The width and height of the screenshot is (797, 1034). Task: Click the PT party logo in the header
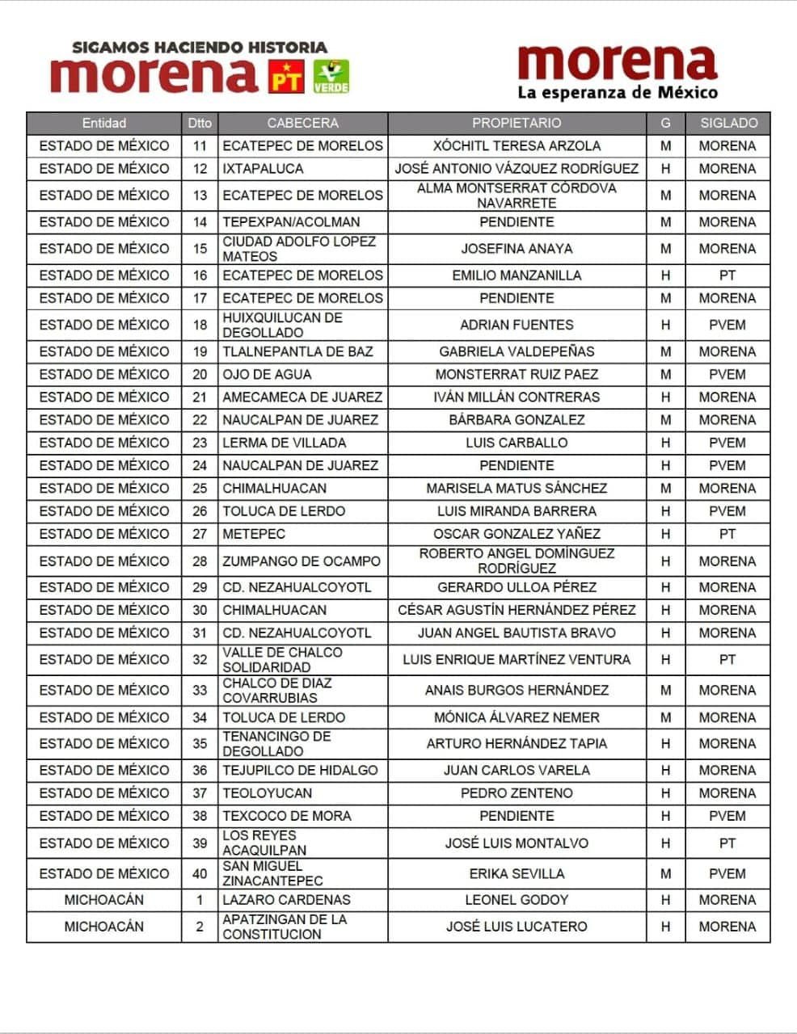[x=286, y=76]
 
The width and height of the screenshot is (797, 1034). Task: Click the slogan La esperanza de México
[x=618, y=92]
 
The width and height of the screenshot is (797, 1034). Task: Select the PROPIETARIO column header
[x=517, y=124]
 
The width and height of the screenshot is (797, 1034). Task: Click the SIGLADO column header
[x=728, y=124]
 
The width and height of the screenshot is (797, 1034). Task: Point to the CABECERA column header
[x=302, y=124]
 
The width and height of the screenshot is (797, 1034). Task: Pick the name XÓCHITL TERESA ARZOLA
[x=517, y=146]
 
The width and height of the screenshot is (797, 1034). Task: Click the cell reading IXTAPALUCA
[x=263, y=169]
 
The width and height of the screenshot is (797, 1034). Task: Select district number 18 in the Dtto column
[x=200, y=325]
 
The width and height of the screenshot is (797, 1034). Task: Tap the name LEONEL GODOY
[x=517, y=900]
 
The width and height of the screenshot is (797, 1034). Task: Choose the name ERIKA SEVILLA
[x=517, y=874]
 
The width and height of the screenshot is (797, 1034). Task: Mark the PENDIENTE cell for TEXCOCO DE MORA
[x=517, y=816]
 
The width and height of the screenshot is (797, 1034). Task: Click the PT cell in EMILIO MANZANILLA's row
[x=727, y=275]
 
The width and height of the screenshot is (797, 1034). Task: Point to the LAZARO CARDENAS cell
[x=286, y=900]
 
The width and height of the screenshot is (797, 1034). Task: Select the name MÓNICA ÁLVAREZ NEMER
[x=517, y=717]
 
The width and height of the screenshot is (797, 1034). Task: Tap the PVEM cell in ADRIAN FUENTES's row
[x=727, y=325]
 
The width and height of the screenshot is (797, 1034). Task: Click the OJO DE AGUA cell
[x=267, y=375]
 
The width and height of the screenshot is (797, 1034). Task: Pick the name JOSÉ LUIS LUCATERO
[x=517, y=927]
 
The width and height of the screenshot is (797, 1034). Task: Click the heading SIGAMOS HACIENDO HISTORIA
[x=200, y=48]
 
